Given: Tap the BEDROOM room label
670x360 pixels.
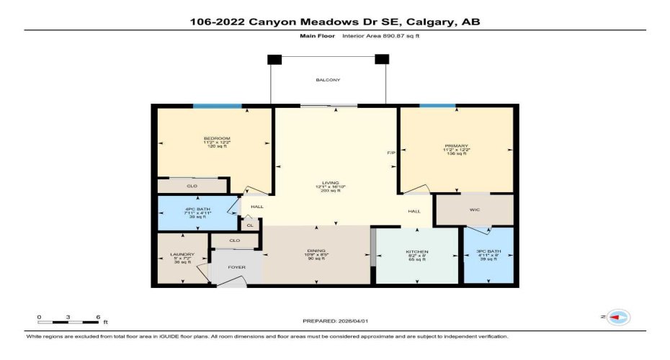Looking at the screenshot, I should pyautogui.click(x=216, y=138).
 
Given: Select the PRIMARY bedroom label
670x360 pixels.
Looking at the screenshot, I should pyautogui.click(x=456, y=146).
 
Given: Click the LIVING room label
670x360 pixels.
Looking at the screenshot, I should pyautogui.click(x=331, y=183).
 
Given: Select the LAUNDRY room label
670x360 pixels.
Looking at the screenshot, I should pyautogui.click(x=183, y=254).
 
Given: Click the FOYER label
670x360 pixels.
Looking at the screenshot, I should pyautogui.click(x=237, y=268).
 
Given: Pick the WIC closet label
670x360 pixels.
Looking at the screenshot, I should pyautogui.click(x=475, y=211).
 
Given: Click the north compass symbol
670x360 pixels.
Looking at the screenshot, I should pyautogui.click(x=618, y=317).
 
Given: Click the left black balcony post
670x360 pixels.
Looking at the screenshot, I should pyautogui.click(x=274, y=59).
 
